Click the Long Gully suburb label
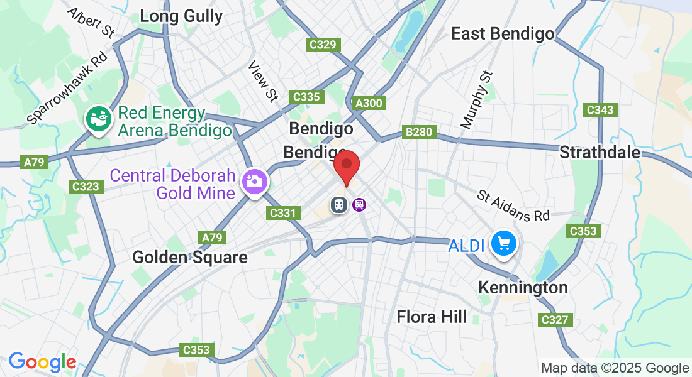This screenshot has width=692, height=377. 181,16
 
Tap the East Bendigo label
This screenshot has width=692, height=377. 503,34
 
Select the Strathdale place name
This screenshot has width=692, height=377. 600,153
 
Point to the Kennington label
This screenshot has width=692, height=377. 523,288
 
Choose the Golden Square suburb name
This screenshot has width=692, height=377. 190,257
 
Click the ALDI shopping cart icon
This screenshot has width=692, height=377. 504,243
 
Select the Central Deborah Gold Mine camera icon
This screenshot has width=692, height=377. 256,182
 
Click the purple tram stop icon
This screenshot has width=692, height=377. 359,205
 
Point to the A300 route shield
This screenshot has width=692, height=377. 369,103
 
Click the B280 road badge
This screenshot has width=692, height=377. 419,133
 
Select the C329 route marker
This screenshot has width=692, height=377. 324,45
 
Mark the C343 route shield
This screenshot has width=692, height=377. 599,110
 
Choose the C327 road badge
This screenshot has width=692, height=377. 555,320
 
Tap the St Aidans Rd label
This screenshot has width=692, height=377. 513,206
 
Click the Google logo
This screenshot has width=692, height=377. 42,362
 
